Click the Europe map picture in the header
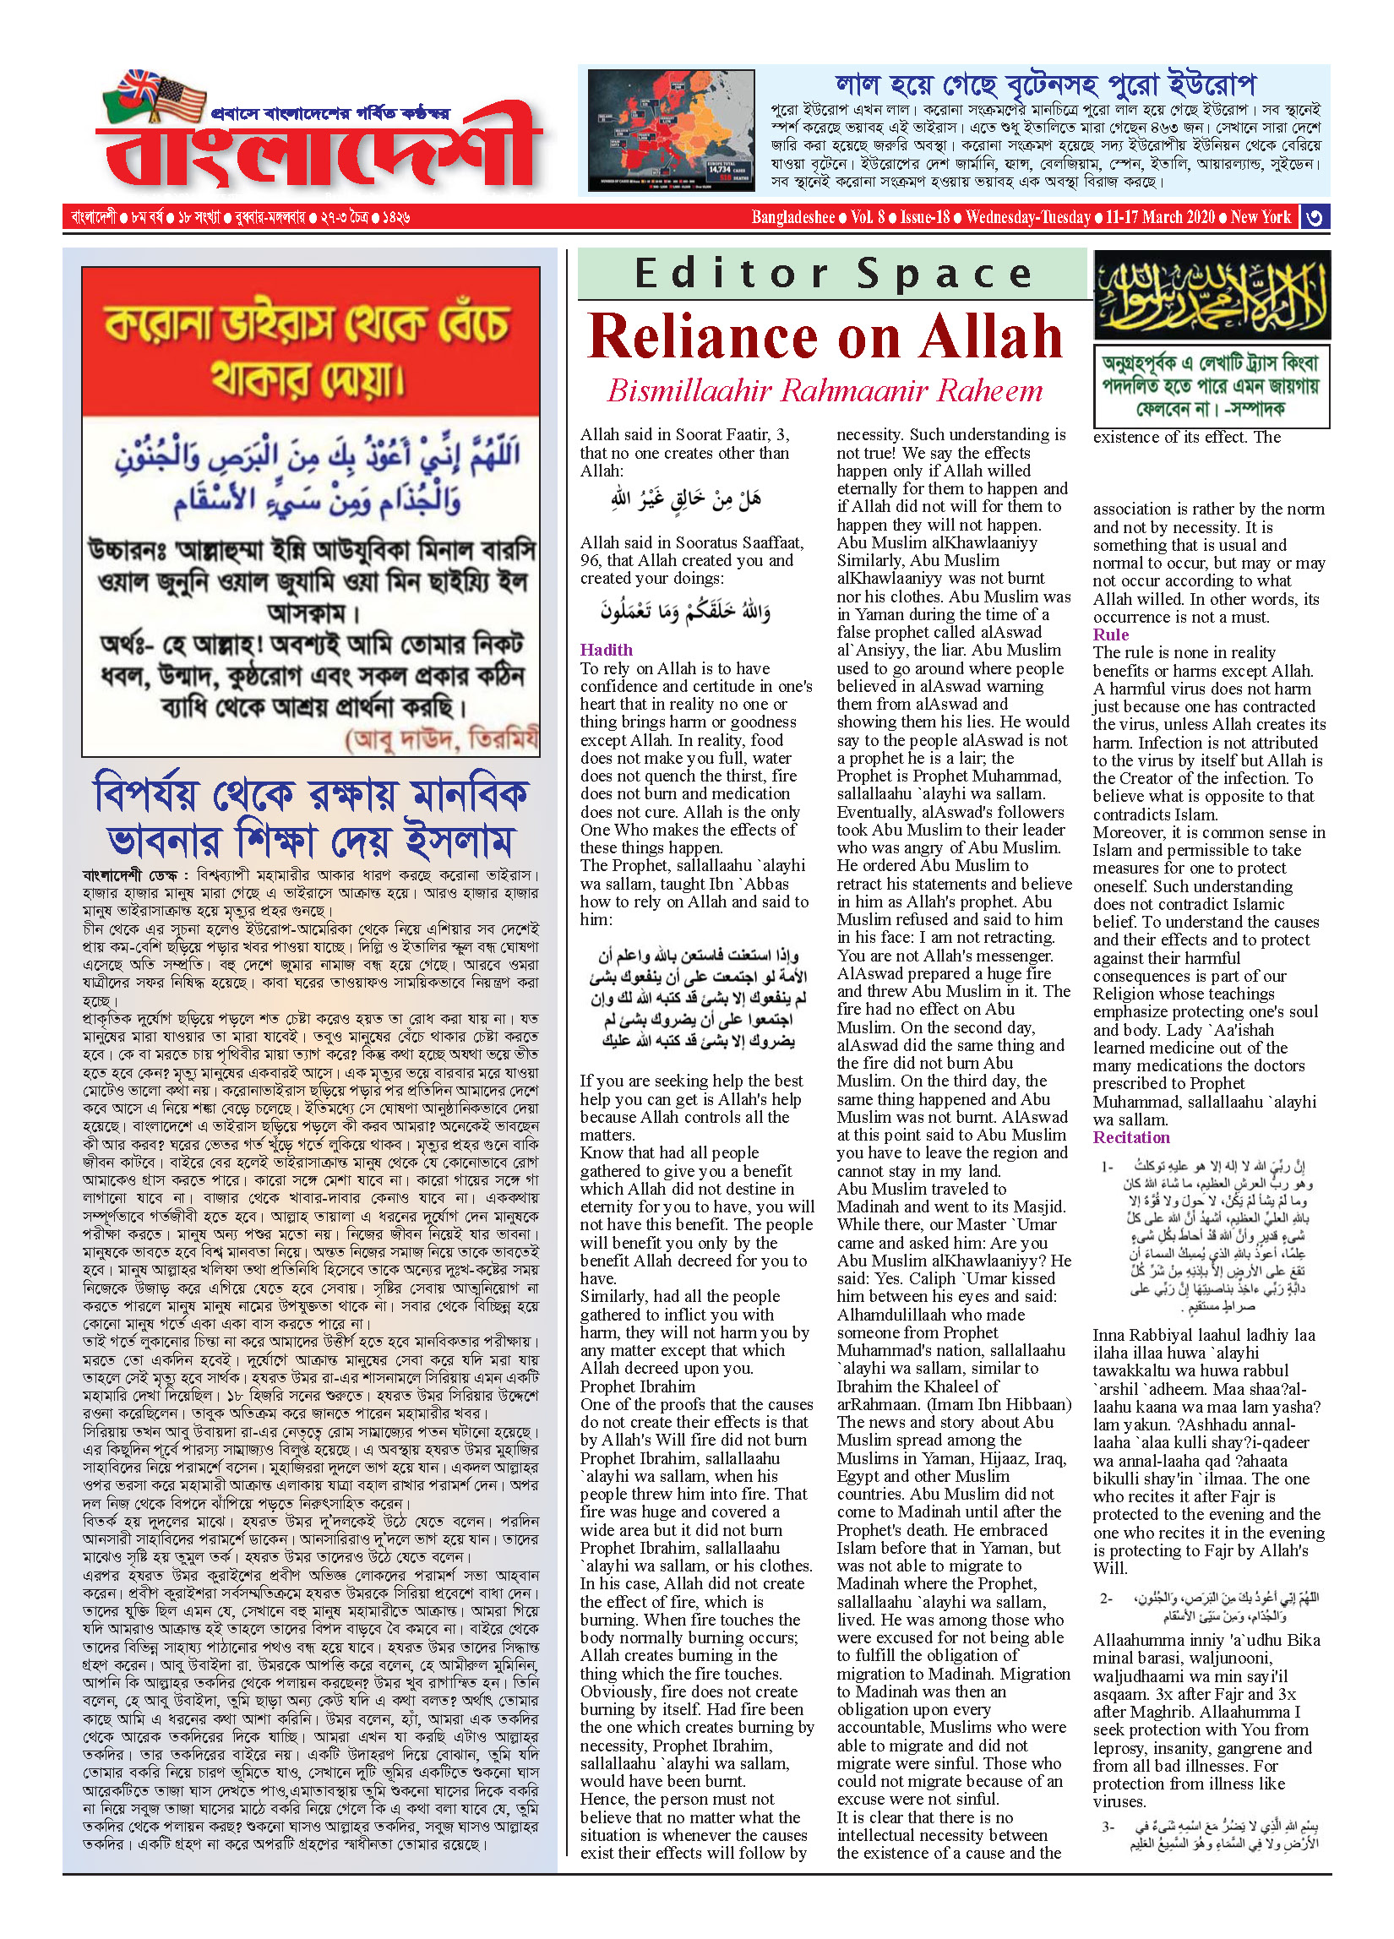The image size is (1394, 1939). [671, 130]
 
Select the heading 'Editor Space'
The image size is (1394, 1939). [833, 274]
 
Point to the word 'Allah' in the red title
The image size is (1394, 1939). [992, 337]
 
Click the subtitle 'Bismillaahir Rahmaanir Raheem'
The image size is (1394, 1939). [825, 390]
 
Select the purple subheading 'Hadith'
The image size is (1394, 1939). [606, 650]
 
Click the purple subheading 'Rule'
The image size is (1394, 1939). [1110, 635]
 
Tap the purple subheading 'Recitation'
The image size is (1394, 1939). [1130, 1137]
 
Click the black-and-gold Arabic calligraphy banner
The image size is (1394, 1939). [1212, 295]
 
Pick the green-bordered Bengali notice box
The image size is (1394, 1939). [1212, 385]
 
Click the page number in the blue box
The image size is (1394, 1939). [1315, 217]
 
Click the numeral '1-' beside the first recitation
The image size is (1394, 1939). [1108, 1166]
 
